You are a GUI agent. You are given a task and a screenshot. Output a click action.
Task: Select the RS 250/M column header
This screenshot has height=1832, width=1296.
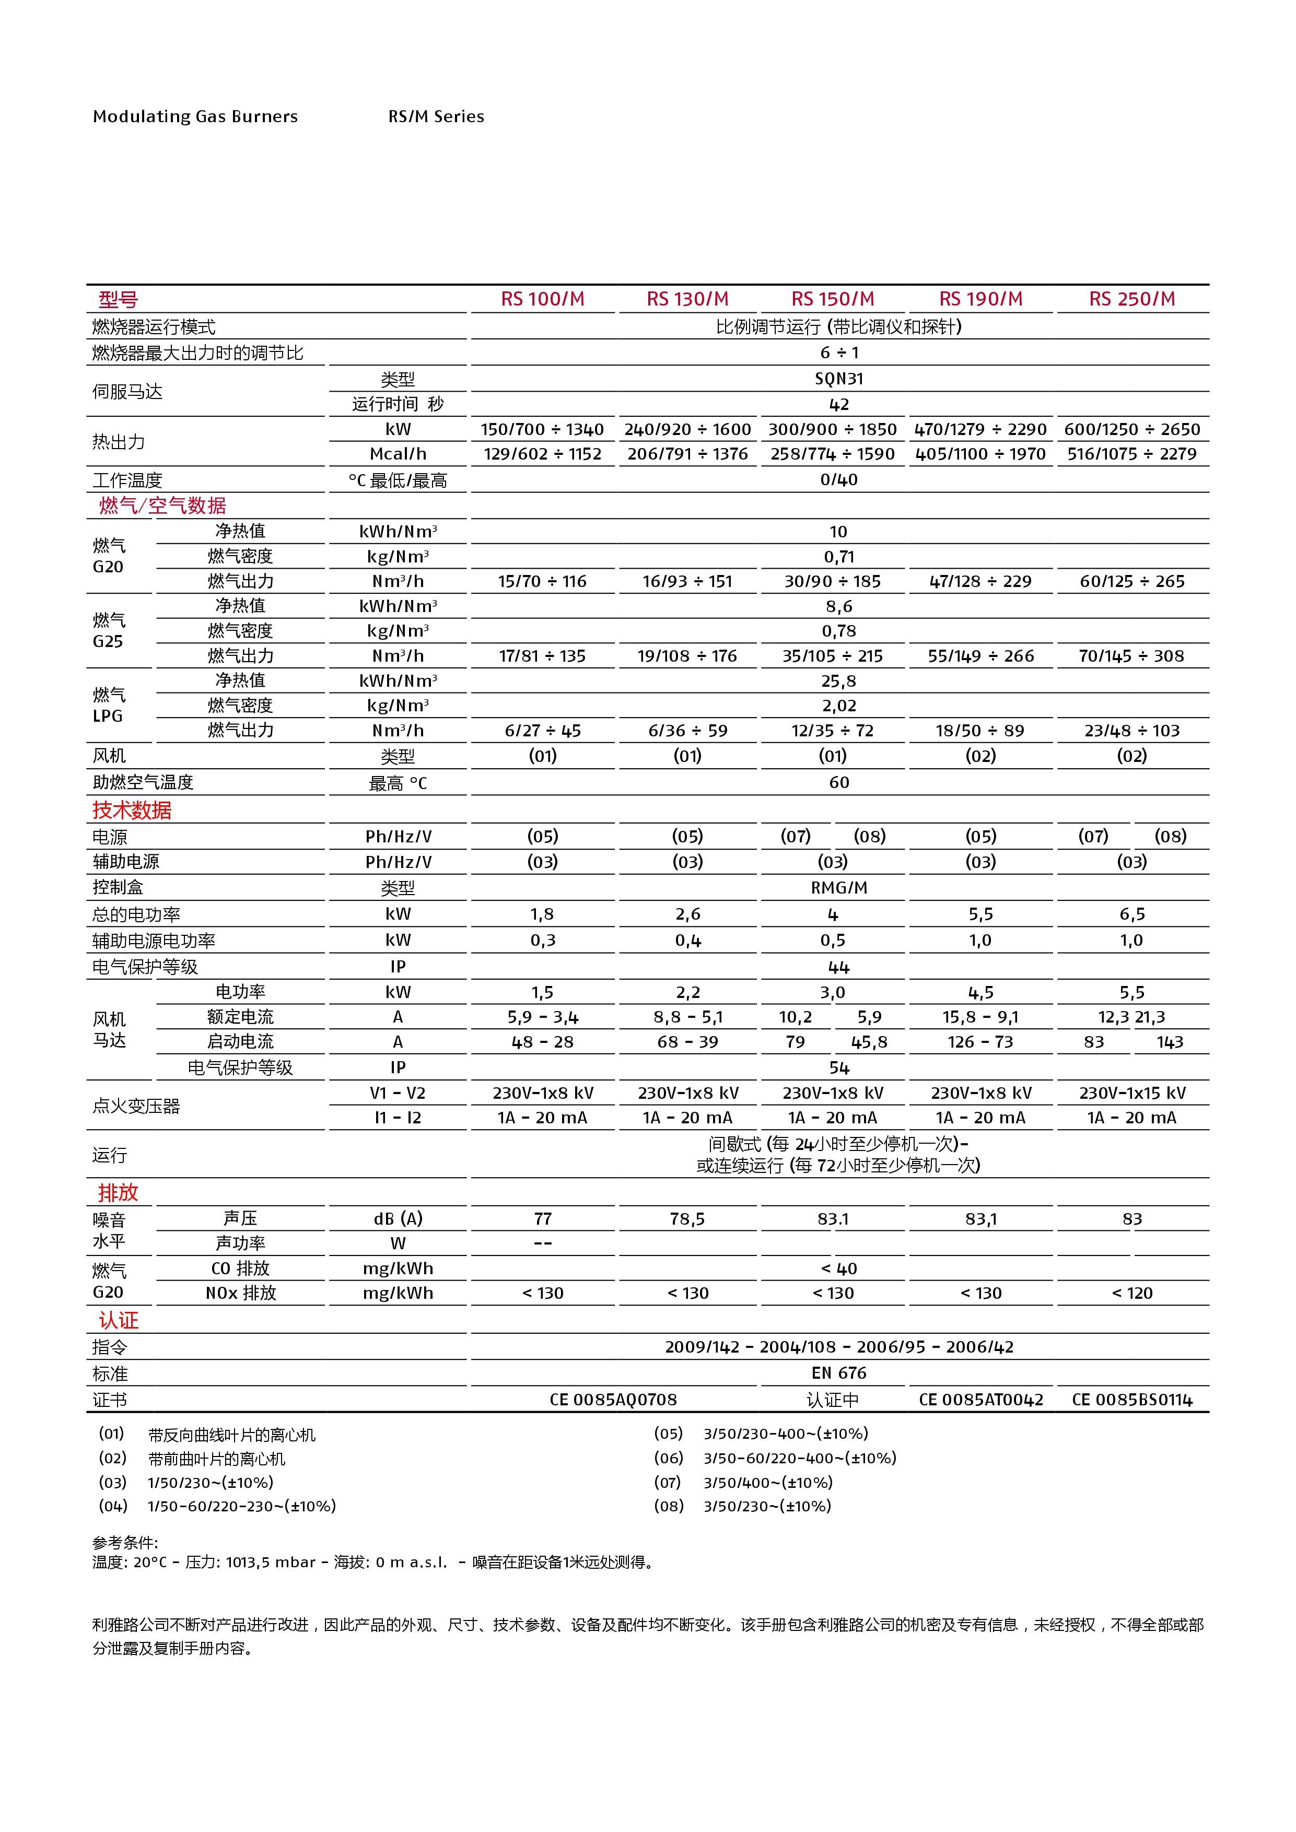pyautogui.click(x=1131, y=299)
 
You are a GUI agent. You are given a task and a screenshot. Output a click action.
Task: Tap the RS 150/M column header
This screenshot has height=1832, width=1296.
pyautogui.click(x=832, y=299)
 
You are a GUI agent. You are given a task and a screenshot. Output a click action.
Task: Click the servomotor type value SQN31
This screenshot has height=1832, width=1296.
pyautogui.click(x=839, y=379)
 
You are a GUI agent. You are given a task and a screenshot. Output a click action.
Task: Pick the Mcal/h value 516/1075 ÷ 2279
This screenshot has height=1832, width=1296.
pyautogui.click(x=1131, y=454)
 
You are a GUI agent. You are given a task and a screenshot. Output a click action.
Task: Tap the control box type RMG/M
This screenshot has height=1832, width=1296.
pyautogui.click(x=839, y=887)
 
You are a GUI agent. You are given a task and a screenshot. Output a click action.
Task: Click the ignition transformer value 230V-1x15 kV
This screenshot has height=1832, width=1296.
pyautogui.click(x=1131, y=1093)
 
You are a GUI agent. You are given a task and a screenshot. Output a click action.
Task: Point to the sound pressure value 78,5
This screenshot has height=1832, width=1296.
pyautogui.click(x=687, y=1218)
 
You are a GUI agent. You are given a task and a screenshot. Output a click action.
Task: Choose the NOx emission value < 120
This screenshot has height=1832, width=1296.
pyautogui.click(x=1131, y=1293)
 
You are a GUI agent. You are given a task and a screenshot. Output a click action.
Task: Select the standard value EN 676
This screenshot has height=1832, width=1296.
pyautogui.click(x=839, y=1372)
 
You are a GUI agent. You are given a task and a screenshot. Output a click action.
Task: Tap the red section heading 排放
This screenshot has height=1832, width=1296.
pyautogui.click(x=118, y=1192)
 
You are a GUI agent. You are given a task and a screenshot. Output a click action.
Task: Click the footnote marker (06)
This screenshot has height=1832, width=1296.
pyautogui.click(x=669, y=1458)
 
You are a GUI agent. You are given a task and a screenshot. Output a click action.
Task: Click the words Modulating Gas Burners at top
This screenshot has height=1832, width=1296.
pyautogui.click(x=195, y=116)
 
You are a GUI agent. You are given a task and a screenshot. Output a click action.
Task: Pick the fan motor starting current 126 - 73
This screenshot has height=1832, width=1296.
pyautogui.click(x=980, y=1042)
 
